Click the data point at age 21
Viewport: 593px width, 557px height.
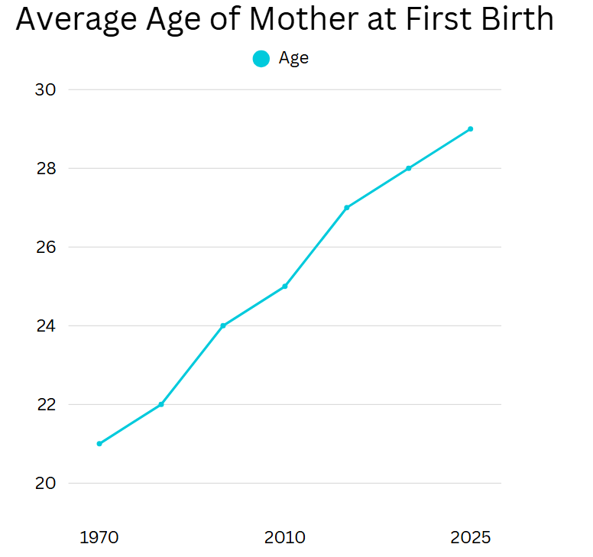99,444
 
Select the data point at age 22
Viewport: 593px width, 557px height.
161,404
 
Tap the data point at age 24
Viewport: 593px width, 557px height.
223,325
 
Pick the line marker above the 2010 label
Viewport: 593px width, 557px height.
285,287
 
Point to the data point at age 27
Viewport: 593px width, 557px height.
347,208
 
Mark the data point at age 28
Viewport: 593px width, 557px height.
408,168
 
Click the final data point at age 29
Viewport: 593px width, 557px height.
471,129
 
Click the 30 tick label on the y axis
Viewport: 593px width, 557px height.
45,90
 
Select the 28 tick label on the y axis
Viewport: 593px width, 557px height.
46,169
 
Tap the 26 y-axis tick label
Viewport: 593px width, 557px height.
46,248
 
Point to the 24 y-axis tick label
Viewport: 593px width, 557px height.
46,326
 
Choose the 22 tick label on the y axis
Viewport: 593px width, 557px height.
46,405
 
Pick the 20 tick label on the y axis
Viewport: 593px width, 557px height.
45,483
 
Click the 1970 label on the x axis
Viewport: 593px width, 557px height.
99,537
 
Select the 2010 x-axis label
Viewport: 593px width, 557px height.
285,537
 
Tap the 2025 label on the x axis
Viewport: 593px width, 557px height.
471,537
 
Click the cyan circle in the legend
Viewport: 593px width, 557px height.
261,59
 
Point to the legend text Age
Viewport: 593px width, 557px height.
294,59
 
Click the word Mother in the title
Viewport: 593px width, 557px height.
304,18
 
